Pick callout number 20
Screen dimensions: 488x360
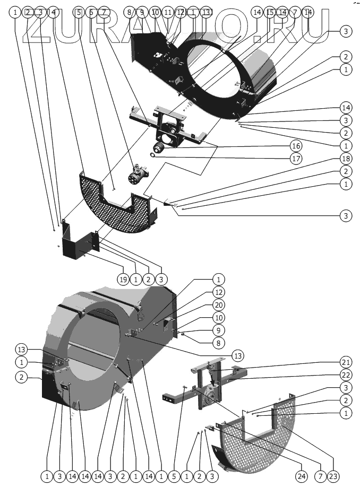(x=218, y=304)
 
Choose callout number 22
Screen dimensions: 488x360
(x=345, y=375)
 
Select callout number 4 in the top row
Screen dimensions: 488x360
(x=53, y=12)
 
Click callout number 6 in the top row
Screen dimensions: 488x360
(x=91, y=12)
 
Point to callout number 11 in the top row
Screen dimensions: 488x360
(x=168, y=12)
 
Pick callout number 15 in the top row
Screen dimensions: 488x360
(x=270, y=12)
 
